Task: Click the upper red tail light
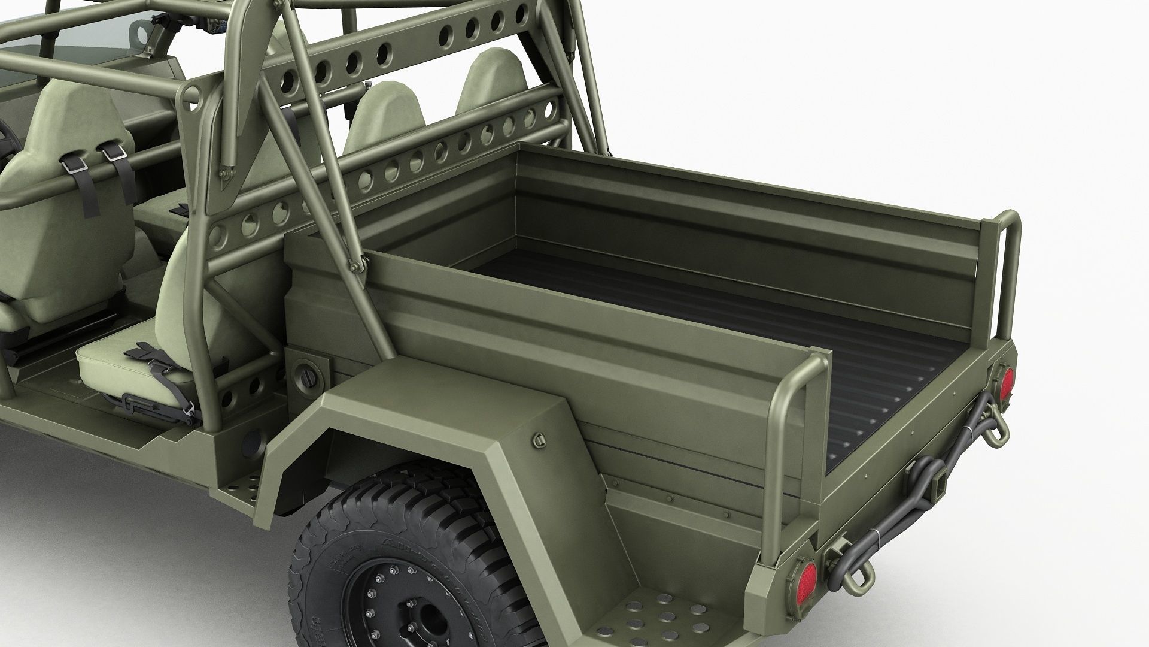1006,383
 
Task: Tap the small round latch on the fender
537,441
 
